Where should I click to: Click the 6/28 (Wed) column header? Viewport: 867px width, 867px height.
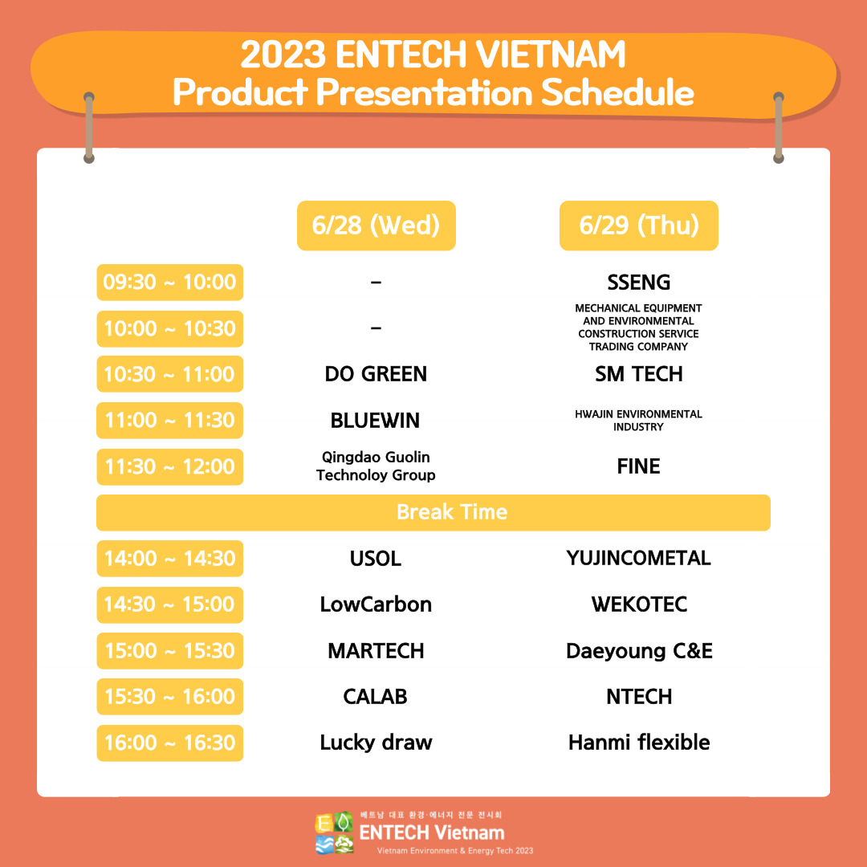[x=376, y=226]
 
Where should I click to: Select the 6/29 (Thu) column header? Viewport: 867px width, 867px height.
[x=638, y=226]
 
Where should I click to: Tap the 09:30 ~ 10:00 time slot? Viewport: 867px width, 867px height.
[x=169, y=283]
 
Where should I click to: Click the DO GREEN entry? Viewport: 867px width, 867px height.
[x=376, y=374]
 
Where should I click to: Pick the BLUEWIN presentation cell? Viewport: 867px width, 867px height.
[x=376, y=421]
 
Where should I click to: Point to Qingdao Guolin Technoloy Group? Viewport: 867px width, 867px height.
[x=376, y=466]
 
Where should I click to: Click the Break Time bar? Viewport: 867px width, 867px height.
[x=433, y=512]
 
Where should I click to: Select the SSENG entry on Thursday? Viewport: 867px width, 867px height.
[x=638, y=283]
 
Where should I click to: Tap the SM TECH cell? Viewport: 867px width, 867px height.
[x=638, y=374]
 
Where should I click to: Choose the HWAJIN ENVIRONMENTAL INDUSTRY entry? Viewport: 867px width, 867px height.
[x=638, y=421]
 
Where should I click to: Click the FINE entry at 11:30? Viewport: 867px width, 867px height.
[x=638, y=466]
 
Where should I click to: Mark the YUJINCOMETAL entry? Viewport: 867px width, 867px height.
[x=638, y=558]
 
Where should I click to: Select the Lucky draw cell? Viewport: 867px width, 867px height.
[x=376, y=743]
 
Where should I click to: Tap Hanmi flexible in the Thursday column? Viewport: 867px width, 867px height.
[x=638, y=743]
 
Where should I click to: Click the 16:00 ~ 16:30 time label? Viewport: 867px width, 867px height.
[x=169, y=743]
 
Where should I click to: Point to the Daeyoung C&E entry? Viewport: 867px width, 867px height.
[x=638, y=650]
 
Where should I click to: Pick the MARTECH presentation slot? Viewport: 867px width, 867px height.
[x=376, y=650]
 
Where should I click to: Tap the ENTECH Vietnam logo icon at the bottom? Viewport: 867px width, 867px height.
[x=335, y=833]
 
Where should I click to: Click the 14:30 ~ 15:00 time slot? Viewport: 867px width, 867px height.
[x=169, y=604]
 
